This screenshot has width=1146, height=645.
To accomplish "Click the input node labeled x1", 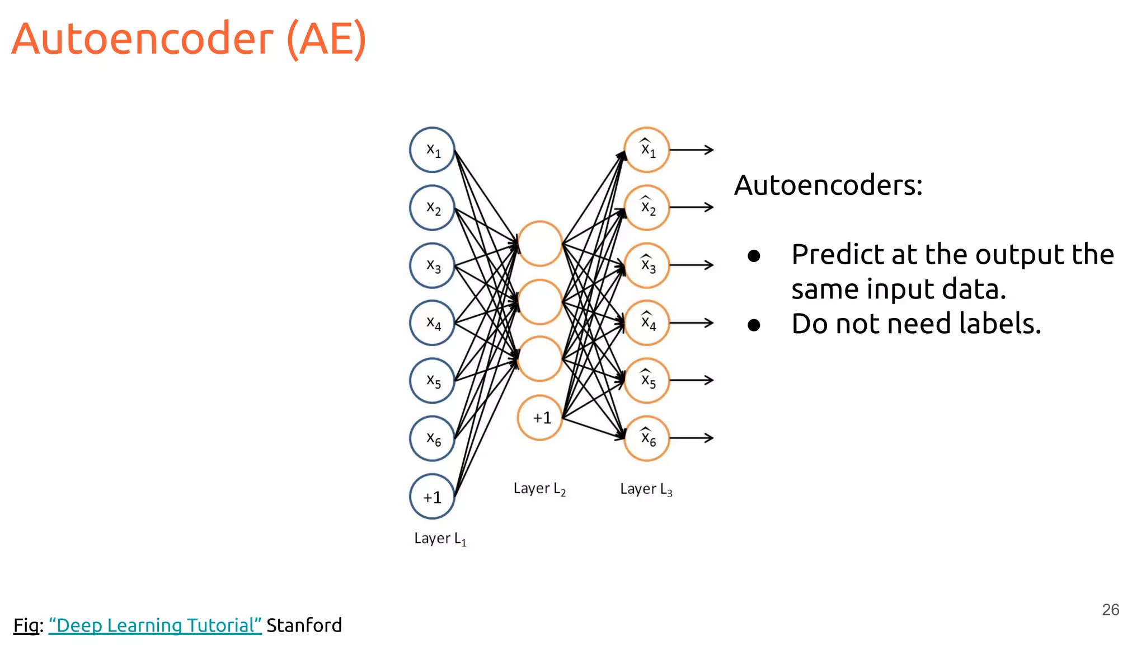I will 432,149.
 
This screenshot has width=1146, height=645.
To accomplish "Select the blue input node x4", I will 432,322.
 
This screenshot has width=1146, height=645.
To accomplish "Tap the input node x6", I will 432,438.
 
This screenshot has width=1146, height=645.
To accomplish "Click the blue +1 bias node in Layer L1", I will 432,497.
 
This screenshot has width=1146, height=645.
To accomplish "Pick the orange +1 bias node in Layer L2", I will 540,418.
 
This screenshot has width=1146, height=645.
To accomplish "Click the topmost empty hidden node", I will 540,243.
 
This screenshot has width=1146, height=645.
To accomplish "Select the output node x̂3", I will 647,265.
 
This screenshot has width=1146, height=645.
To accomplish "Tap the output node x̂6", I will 647,438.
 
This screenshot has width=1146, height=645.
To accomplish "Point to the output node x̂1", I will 647,149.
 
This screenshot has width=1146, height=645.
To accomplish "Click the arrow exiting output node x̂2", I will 692,207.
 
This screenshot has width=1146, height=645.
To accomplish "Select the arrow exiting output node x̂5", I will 692,380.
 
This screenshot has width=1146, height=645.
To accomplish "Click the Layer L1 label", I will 440,539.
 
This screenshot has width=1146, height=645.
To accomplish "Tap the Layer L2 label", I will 539,489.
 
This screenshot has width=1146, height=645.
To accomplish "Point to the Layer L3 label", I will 646,489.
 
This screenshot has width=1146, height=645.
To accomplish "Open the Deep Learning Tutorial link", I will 155,625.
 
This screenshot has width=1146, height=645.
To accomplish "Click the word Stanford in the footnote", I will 304,625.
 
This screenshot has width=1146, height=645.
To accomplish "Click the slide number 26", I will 1110,609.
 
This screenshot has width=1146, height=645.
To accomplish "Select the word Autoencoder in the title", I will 143,39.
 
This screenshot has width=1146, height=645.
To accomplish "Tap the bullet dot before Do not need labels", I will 754,325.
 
